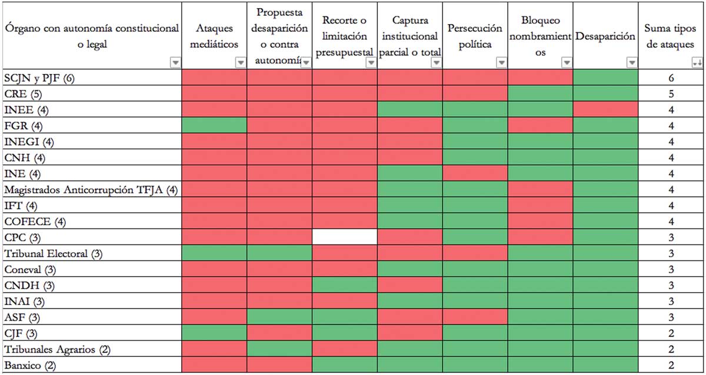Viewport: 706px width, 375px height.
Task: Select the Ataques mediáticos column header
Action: click(214, 36)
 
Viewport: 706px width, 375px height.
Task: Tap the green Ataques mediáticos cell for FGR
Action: click(214, 126)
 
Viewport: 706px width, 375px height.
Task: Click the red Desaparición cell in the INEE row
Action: click(605, 109)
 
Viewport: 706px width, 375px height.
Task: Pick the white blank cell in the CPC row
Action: click(344, 237)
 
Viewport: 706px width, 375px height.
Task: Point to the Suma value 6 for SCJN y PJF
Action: click(671, 78)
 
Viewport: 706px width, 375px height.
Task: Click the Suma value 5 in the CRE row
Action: click(671, 93)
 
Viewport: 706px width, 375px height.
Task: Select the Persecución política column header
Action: click(475, 36)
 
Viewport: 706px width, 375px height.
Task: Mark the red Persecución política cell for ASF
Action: click(475, 317)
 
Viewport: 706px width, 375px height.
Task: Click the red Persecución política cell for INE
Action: click(475, 173)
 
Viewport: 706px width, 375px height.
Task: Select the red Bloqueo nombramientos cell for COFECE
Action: click(540, 222)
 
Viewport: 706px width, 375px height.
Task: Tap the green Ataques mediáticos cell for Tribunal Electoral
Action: click(214, 253)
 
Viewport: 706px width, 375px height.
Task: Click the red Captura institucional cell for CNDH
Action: click(409, 286)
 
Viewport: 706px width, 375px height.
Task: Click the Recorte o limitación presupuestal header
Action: click(344, 36)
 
